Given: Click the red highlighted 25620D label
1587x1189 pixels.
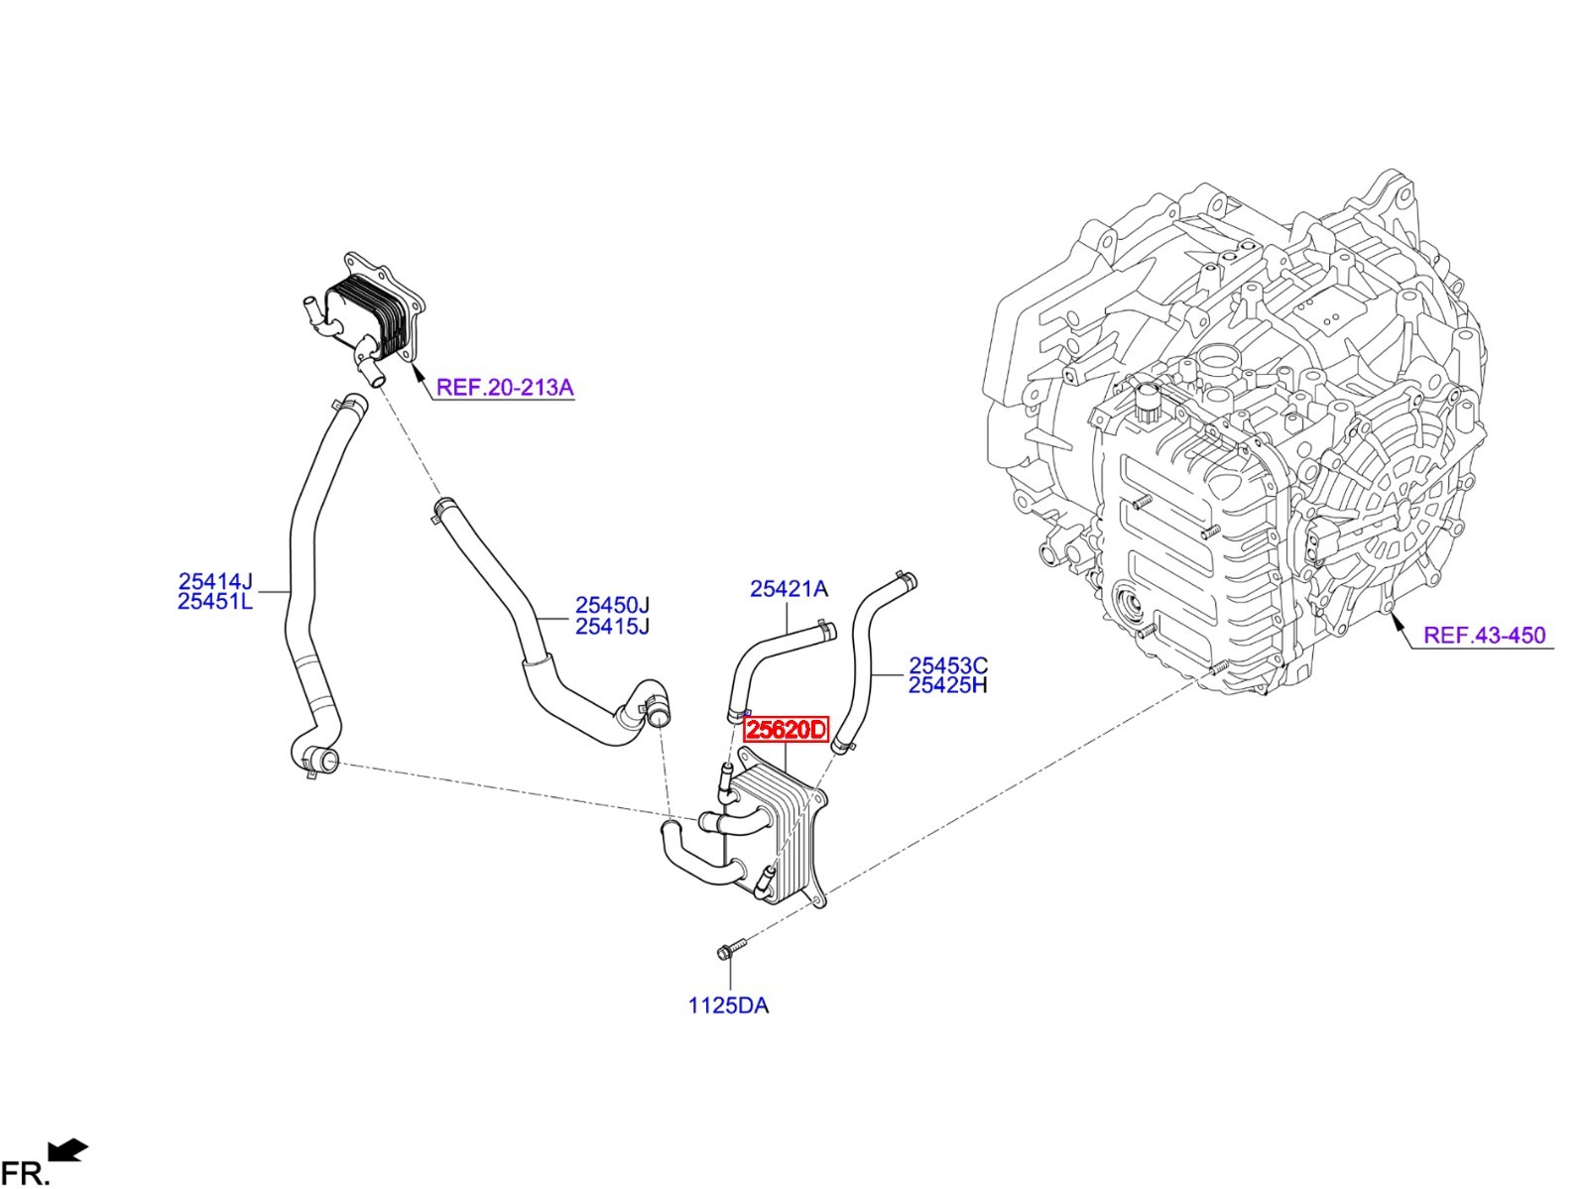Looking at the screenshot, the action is pyautogui.click(x=786, y=729).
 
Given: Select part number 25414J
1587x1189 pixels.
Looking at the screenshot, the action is pyautogui.click(x=215, y=581).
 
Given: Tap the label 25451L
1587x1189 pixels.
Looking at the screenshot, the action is pyautogui.click(x=215, y=601).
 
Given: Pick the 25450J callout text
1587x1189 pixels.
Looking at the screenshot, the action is pyautogui.click(x=612, y=605).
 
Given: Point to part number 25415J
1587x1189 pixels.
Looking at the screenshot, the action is pyautogui.click(x=612, y=626).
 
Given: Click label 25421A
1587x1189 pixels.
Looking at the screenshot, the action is pyautogui.click(x=789, y=589).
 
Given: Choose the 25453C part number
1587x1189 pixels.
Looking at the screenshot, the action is pyautogui.click(x=948, y=664).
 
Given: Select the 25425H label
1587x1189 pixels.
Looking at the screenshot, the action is pyautogui.click(x=948, y=684).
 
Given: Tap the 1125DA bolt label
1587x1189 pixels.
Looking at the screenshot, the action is pyautogui.click(x=729, y=1006).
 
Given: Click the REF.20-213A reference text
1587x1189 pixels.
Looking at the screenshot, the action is pyautogui.click(x=505, y=388).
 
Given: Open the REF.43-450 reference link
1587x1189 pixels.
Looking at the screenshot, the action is pyautogui.click(x=1484, y=636).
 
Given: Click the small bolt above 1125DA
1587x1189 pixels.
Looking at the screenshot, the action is pyautogui.click(x=731, y=948).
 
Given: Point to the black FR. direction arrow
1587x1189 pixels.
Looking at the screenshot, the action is pyautogui.click(x=68, y=1149).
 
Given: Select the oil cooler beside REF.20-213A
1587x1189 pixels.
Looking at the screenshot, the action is pyautogui.click(x=362, y=318).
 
